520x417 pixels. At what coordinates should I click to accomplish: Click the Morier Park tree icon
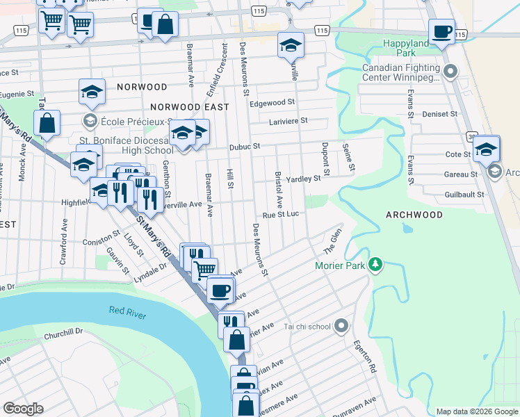(375, 264)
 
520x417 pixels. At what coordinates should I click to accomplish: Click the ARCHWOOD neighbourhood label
(414, 215)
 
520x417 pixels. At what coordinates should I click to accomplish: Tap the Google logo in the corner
(23, 408)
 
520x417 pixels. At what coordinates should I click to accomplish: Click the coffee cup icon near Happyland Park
(441, 32)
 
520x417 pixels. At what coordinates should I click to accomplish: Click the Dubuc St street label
(245, 147)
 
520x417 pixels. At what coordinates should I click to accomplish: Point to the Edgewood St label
(268, 103)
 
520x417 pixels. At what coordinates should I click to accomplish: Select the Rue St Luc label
(280, 214)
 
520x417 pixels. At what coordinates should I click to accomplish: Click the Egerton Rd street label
(364, 357)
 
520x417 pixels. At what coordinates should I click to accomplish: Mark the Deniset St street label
(442, 113)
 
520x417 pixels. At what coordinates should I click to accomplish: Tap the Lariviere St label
(289, 121)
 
